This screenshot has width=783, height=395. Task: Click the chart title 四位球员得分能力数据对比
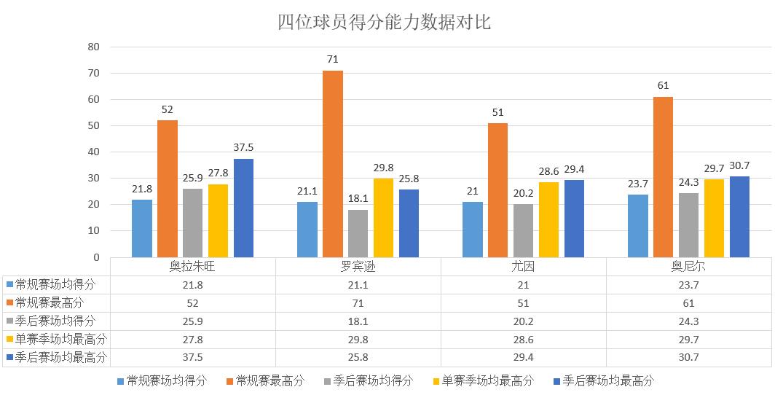[385, 23]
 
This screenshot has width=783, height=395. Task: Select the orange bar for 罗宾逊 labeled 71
[333, 164]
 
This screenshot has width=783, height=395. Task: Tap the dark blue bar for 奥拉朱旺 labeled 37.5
[243, 208]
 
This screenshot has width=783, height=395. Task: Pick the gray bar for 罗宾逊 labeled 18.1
[358, 233]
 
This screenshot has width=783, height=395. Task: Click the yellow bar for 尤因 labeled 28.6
[548, 219]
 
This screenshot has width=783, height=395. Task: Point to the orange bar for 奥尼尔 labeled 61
[663, 177]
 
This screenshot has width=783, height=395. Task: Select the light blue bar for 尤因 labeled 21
[473, 230]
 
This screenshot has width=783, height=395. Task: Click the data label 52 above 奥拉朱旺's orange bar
[168, 110]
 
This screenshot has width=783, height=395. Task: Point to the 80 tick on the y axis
[94, 47]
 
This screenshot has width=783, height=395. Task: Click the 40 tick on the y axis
[94, 152]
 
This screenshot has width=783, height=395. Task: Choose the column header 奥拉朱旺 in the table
[192, 267]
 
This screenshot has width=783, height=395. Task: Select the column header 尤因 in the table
[523, 267]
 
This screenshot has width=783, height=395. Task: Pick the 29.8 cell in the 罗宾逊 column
[358, 339]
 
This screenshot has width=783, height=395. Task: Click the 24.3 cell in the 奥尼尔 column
[688, 321]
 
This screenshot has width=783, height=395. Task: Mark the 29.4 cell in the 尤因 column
[523, 357]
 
